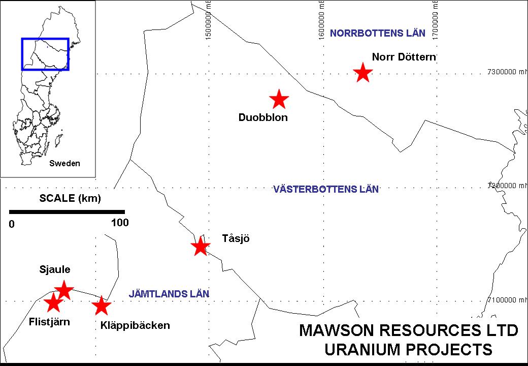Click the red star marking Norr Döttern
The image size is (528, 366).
tap(362, 73)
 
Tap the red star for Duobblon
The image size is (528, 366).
tap(279, 99)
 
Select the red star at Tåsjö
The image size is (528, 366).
tap(201, 247)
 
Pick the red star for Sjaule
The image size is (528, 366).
tap(64, 290)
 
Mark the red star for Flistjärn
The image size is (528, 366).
tap(53, 303)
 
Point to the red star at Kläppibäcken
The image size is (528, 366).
tap(102, 306)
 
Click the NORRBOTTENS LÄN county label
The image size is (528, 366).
tap(377, 34)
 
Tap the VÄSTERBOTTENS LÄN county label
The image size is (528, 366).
tap(326, 190)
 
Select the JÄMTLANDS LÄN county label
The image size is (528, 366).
tap(169, 294)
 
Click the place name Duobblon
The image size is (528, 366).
tap(263, 118)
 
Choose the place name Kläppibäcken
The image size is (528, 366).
tap(131, 325)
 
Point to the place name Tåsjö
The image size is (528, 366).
tap(236, 238)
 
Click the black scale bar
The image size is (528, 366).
tap(67, 211)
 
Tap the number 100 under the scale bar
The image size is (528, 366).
tap(120, 223)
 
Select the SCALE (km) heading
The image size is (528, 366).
tap(70, 198)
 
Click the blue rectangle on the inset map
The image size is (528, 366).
tap(45, 38)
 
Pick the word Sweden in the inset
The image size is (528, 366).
tap(64, 164)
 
